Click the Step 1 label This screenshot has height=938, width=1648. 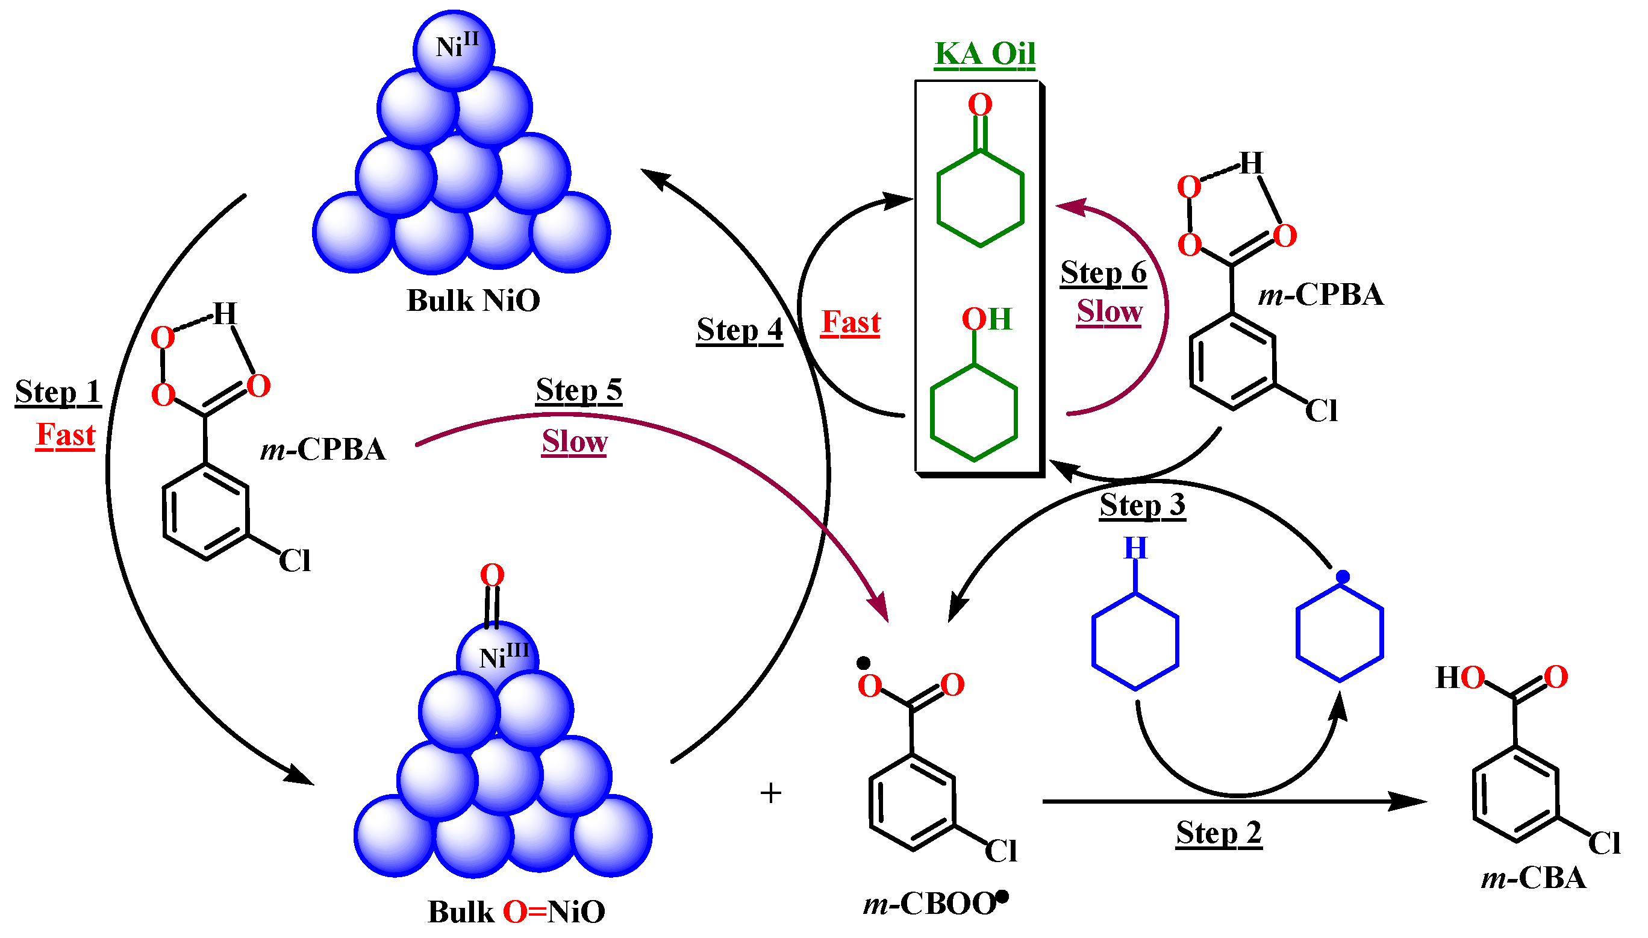(x=58, y=392)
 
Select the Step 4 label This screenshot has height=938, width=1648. (x=739, y=331)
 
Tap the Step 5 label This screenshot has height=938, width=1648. (x=578, y=390)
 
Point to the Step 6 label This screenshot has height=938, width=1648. (x=1103, y=272)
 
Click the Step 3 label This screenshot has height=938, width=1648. (x=1142, y=505)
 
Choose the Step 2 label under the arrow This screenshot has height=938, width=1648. (x=1218, y=833)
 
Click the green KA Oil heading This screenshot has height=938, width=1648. (x=984, y=54)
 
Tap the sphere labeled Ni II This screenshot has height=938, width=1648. (x=455, y=50)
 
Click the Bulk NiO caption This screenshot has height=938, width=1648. (x=473, y=301)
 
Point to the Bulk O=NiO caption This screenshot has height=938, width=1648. (x=516, y=912)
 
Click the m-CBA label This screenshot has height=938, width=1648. (x=1533, y=879)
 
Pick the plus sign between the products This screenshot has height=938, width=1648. (x=770, y=793)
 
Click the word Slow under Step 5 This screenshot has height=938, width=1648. (x=574, y=443)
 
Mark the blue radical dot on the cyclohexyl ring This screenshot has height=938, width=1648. (x=1342, y=577)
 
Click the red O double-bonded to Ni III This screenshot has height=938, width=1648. (x=492, y=575)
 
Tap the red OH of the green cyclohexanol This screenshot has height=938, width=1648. (x=986, y=319)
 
